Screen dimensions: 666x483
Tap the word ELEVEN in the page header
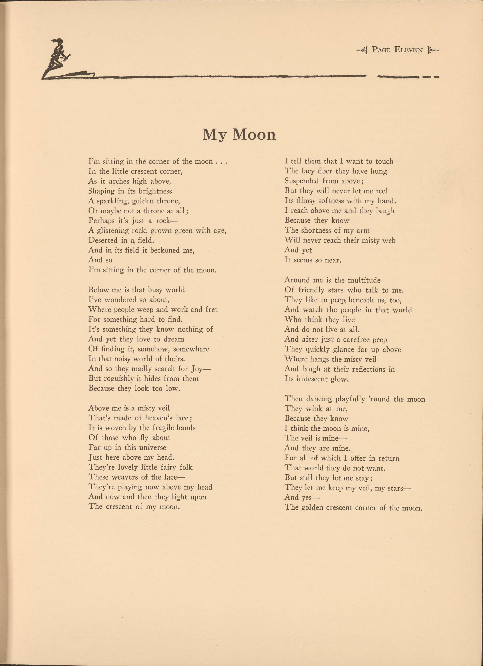(408, 50)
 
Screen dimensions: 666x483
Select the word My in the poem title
(215, 135)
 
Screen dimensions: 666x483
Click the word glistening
(114, 231)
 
